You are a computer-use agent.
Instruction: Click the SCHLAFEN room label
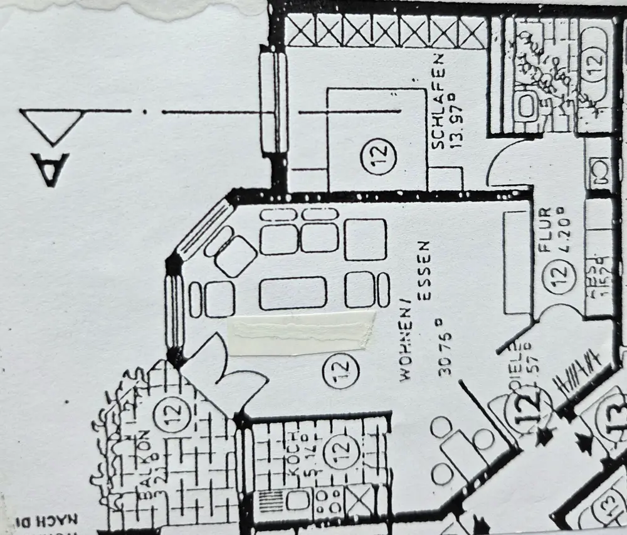pyautogui.click(x=438, y=101)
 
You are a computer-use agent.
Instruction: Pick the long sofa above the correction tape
pyautogui.click(x=293, y=293)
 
